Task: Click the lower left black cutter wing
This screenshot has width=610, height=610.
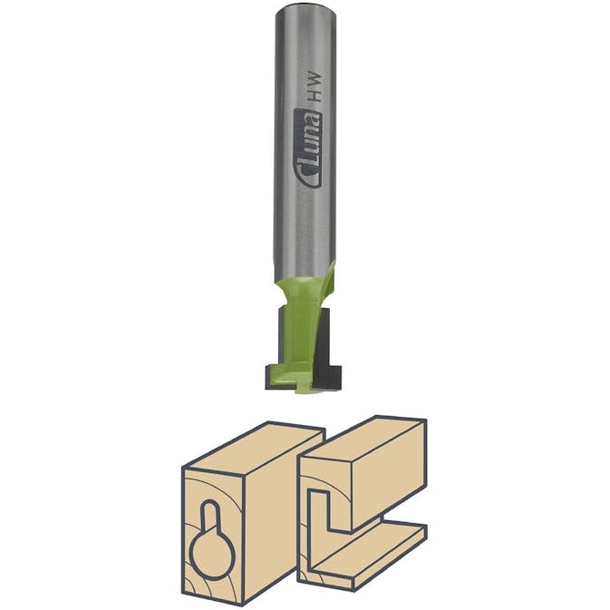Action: click(x=272, y=373)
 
